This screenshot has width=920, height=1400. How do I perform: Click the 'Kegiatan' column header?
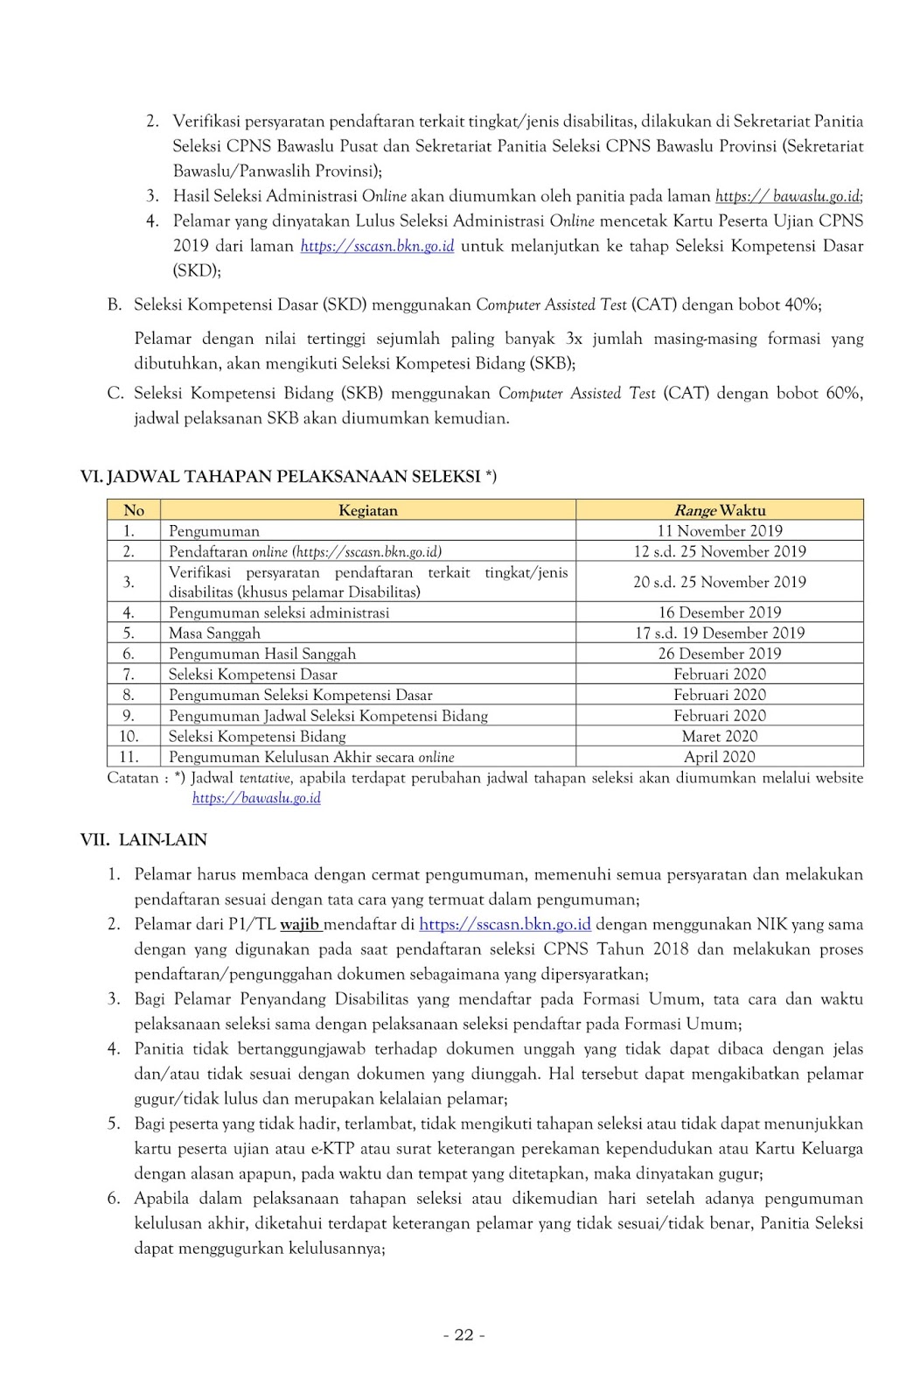pyautogui.click(x=367, y=510)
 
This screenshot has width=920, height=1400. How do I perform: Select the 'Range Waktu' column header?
pyautogui.click(x=719, y=510)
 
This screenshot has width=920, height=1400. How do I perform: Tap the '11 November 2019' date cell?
pyautogui.click(x=719, y=531)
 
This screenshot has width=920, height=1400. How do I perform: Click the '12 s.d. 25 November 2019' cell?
pyautogui.click(x=719, y=551)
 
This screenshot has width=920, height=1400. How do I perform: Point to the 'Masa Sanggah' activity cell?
pyautogui.click(x=214, y=633)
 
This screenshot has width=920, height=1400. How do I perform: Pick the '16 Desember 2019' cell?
pyautogui.click(x=719, y=612)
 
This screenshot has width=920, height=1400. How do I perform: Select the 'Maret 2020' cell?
pyautogui.click(x=719, y=737)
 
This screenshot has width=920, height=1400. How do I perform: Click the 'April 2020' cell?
pyautogui.click(x=719, y=757)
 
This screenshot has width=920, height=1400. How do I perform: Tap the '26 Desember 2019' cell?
pyautogui.click(x=719, y=654)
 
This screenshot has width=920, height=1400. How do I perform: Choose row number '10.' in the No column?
pyautogui.click(x=129, y=737)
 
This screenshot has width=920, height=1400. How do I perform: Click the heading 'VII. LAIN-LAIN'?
pyautogui.click(x=143, y=840)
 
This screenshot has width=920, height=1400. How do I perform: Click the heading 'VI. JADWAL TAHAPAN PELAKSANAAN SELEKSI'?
pyautogui.click(x=289, y=477)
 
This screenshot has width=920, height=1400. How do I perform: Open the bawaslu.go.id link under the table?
pyautogui.click(x=256, y=798)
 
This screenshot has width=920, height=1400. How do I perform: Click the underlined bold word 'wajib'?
pyautogui.click(x=300, y=924)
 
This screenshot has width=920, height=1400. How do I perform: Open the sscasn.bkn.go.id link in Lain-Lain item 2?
pyautogui.click(x=505, y=924)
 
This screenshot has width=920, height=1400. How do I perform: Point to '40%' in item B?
pyautogui.click(x=802, y=304)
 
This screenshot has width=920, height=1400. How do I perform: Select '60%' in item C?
pyautogui.click(x=841, y=393)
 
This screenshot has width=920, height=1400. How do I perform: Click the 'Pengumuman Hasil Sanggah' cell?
pyautogui.click(x=262, y=654)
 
